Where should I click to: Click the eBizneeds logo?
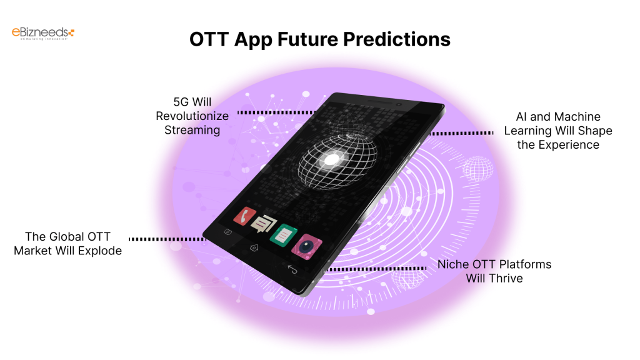pyautogui.click(x=43, y=33)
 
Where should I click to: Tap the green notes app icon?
pyautogui.click(x=282, y=234)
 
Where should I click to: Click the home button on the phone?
pyautogui.click(x=254, y=247)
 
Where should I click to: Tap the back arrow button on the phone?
pyautogui.click(x=292, y=268)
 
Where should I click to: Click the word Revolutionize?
pyautogui.click(x=192, y=116)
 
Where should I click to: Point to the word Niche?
pyautogui.click(x=453, y=264)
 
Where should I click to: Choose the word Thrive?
pyautogui.click(x=507, y=277)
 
